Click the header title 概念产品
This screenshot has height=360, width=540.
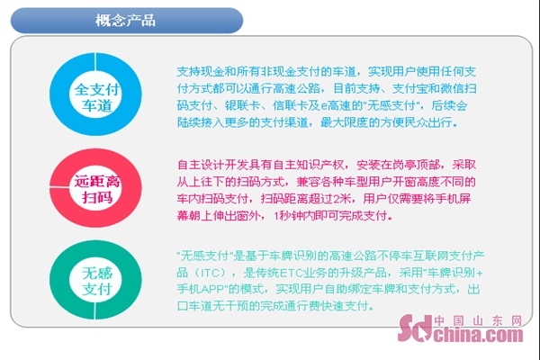125,21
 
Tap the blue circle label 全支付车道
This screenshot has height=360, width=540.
97,97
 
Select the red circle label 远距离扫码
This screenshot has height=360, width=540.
97,189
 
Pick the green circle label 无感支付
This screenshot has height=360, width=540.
97,281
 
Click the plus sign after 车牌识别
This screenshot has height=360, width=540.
480,274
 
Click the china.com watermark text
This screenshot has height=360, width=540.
478,335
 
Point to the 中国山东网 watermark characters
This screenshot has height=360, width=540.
478,320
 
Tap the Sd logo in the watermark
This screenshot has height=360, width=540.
415,328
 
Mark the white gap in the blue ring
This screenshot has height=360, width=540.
95,62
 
